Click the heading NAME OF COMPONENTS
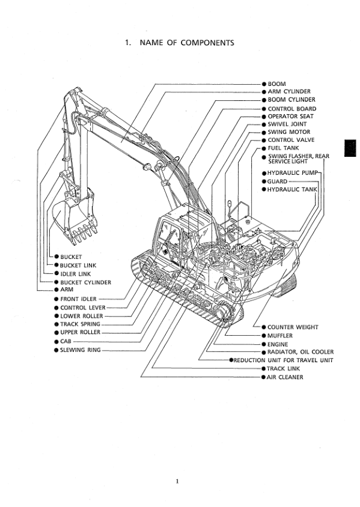(x=187, y=43)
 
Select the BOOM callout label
(x=276, y=84)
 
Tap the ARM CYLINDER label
(x=289, y=91)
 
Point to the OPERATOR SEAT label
(x=290, y=117)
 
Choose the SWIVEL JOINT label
(x=287, y=124)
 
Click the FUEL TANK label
(x=283, y=148)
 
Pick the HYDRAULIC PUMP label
(x=293, y=173)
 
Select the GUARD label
(x=277, y=181)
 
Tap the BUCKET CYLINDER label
(x=85, y=282)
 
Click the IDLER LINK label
(x=75, y=274)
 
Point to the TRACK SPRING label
(x=80, y=324)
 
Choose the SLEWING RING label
(x=80, y=350)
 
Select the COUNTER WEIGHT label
(x=293, y=327)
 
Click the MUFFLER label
(x=280, y=336)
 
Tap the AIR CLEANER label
(x=285, y=377)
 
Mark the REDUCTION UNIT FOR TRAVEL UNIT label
(x=283, y=360)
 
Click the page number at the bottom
(x=177, y=481)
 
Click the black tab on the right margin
(x=350, y=148)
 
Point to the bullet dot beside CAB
(x=56, y=341)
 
